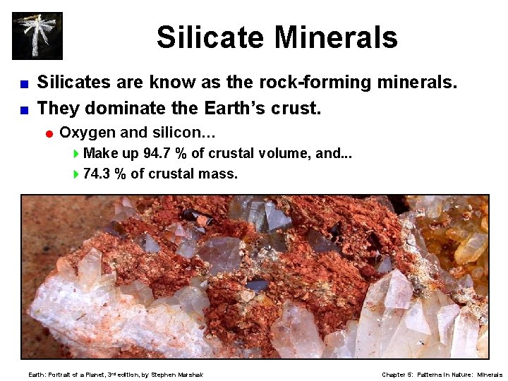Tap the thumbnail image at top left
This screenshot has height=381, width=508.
coord(37,35)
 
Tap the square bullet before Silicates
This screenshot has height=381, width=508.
coord(23,84)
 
